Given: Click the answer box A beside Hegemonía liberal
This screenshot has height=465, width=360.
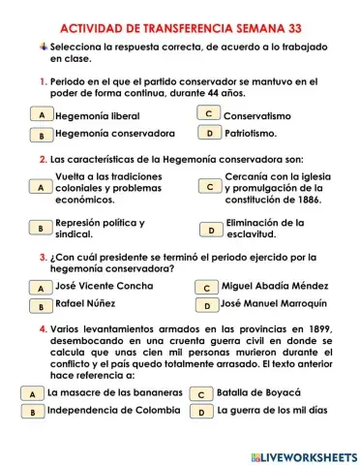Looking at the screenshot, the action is tap(42, 115).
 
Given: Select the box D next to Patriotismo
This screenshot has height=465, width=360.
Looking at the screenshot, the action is tap(208, 134).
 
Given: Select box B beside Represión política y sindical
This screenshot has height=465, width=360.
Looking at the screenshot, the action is tap(41, 229).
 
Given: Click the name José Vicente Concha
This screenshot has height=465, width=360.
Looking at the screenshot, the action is tap(105, 287).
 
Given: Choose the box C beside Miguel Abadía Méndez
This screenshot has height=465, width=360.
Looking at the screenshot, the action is tap(206, 288).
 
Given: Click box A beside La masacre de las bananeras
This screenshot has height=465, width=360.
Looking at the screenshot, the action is tap(32, 394).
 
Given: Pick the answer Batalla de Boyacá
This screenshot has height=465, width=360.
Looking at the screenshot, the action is tap(259, 393).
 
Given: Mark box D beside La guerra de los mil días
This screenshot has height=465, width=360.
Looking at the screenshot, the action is tap(201, 412).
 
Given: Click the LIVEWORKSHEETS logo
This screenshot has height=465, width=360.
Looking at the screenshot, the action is tap(303, 455).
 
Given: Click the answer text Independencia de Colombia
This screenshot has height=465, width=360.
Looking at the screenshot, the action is tap(113, 411).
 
